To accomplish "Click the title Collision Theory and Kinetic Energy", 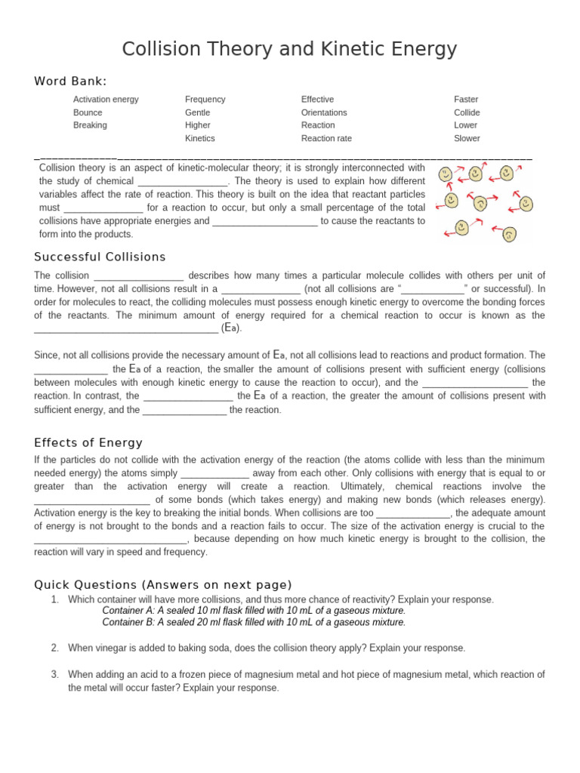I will [x=290, y=49].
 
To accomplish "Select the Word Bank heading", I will [x=70, y=82].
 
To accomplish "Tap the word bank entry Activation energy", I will [x=106, y=100].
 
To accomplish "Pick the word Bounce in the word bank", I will [x=88, y=112].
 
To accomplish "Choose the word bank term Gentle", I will [x=198, y=112].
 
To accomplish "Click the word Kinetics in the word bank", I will [x=200, y=139].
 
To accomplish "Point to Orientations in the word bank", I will [x=324, y=112].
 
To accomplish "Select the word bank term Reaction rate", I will [x=326, y=139].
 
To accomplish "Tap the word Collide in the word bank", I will [x=467, y=112].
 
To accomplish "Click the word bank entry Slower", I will [x=467, y=139].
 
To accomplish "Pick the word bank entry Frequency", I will [x=205, y=100].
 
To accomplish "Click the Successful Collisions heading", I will [x=100, y=257].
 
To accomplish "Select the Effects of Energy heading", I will [x=88, y=443].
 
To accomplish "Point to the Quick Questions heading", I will [x=163, y=585].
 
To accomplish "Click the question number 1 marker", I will [x=54, y=599].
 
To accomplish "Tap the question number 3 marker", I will [x=54, y=674].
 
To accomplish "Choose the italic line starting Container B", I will [x=254, y=622].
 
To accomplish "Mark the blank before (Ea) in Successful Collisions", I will [x=126, y=329].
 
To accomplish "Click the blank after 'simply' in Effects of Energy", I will [x=215, y=473].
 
